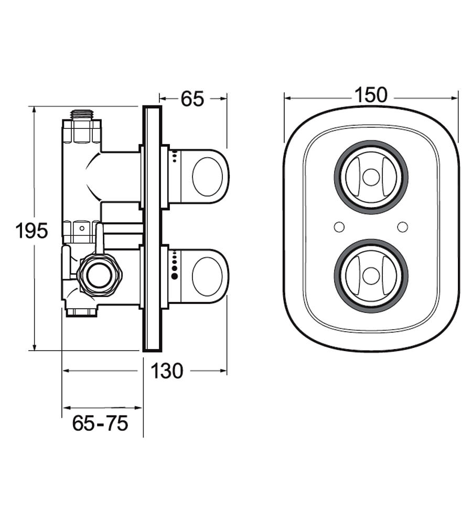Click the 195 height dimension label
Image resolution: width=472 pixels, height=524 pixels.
32,230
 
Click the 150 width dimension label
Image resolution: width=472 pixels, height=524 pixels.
370,95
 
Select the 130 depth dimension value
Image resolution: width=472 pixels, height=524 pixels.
167,371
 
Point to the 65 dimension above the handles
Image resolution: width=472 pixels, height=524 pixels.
192,99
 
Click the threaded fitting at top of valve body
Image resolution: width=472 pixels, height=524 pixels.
82,113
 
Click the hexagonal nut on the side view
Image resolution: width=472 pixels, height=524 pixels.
99,275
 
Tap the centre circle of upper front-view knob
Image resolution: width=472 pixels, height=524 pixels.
371,177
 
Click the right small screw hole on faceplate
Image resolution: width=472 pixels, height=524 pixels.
402,227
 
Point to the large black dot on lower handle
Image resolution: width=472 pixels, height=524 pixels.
175,275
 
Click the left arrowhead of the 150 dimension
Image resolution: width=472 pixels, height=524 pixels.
287,97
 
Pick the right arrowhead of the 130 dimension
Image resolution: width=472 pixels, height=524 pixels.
224,371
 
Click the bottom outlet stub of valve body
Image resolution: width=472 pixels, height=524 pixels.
82,313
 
